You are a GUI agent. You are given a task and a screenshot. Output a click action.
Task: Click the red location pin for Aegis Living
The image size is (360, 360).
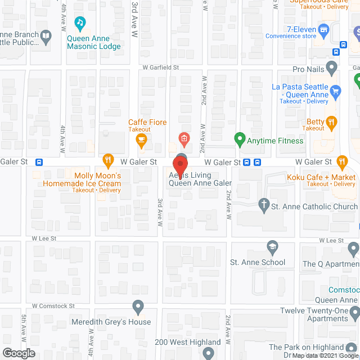tap(180, 166)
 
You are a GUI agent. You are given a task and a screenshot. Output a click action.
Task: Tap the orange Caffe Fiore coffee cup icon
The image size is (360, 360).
tap(141, 138)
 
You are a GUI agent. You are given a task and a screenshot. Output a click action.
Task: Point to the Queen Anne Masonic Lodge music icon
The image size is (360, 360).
tap(80, 23)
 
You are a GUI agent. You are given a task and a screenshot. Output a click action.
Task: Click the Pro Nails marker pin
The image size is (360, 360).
tap(332, 69)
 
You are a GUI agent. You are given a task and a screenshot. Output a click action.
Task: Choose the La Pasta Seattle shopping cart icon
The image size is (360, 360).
tap(336, 90)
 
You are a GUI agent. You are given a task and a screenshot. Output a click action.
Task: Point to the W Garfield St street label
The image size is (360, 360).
tap(161, 67)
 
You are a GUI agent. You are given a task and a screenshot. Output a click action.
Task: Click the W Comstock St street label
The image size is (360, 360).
tap(54, 306)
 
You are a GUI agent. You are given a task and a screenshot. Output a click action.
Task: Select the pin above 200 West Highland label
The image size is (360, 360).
tap(208, 353)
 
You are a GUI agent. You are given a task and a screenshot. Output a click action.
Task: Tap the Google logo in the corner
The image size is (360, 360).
tap(18, 353)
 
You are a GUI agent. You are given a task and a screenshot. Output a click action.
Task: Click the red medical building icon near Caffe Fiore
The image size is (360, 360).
tap(183, 138)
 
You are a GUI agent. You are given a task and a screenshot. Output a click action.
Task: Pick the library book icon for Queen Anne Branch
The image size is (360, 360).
tap(46, 38)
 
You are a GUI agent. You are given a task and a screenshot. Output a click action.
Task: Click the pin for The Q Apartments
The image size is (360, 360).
tap(353, 248)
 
